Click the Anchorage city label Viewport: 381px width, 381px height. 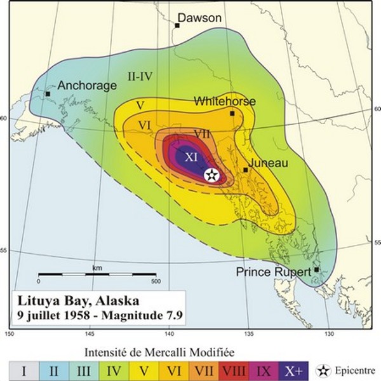pyautogui.click(x=87, y=85)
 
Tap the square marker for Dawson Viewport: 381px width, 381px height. pyautogui.click(x=177, y=25)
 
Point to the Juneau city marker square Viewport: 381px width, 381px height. pyautogui.click(x=246, y=170)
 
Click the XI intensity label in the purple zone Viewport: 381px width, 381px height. pyautogui.click(x=192, y=156)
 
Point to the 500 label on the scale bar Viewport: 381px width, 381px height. pyautogui.click(x=155, y=281)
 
